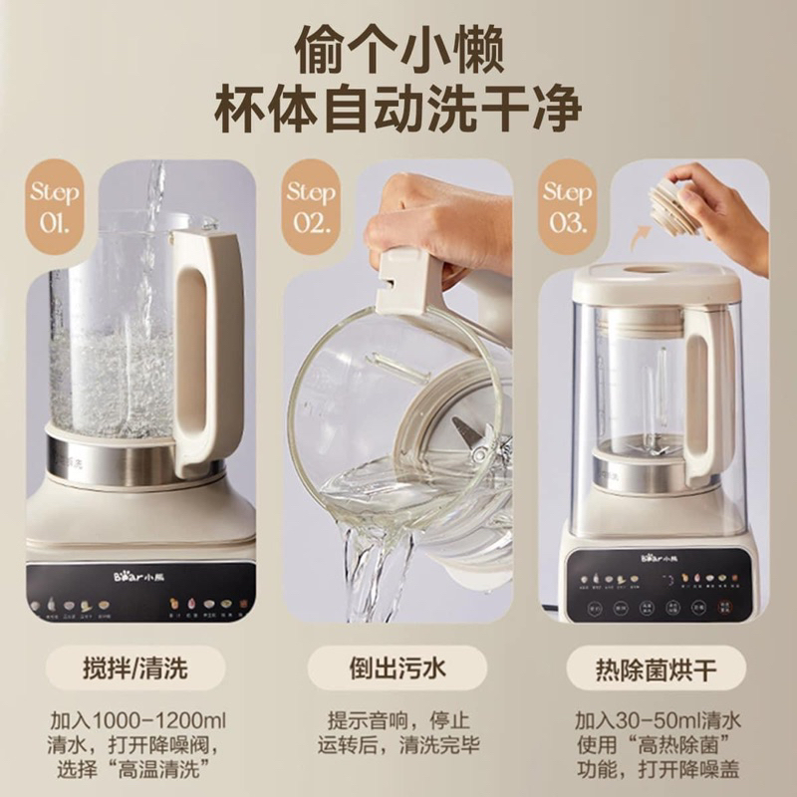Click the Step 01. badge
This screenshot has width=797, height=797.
click(x=53, y=206)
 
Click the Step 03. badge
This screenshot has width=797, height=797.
click(x=567, y=206)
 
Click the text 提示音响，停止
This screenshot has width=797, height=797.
click(x=398, y=718)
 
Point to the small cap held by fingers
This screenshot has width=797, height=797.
click(x=674, y=207)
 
